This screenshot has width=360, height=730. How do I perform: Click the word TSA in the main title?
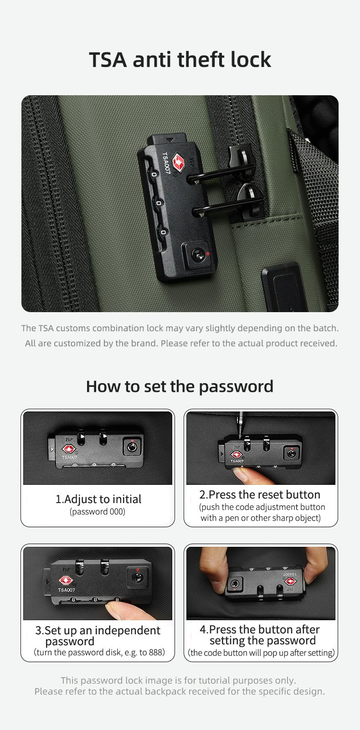click(x=108, y=60)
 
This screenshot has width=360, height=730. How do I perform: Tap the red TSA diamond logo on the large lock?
click(x=178, y=162)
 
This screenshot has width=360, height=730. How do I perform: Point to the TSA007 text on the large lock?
click(x=166, y=163)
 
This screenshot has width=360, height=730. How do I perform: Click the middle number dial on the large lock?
click(x=158, y=203)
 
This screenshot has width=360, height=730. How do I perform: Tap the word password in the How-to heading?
click(x=236, y=387)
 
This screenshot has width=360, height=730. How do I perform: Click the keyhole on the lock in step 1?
click(x=132, y=447)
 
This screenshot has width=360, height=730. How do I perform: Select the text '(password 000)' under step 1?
click(x=98, y=512)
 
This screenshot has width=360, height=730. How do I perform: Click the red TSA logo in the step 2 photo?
click(x=236, y=454)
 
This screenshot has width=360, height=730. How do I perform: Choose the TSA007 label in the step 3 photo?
click(x=67, y=590)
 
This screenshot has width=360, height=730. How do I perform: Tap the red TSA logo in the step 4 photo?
click(x=290, y=581)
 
